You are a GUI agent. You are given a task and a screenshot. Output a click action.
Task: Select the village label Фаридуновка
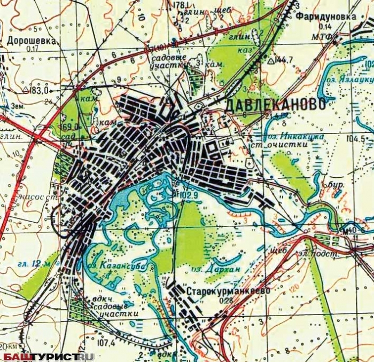click(327, 17)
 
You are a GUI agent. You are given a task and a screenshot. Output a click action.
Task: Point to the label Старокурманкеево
click(228, 292)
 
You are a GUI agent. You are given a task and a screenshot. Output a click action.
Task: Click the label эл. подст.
click(322, 255)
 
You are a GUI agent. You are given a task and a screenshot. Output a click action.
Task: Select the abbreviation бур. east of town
click(336, 184)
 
